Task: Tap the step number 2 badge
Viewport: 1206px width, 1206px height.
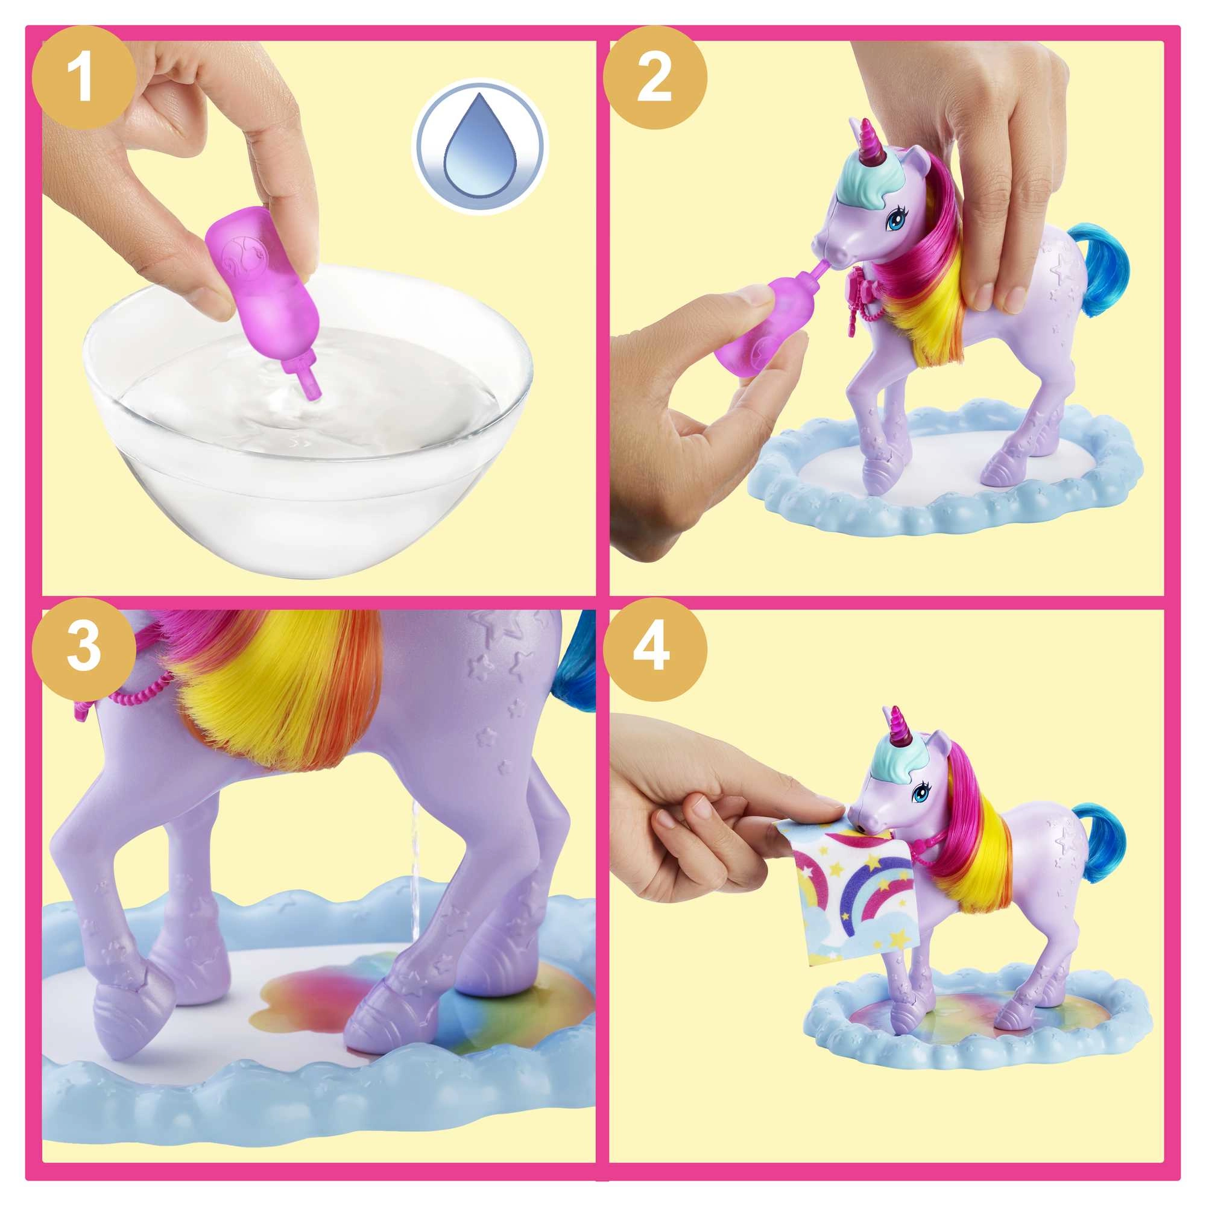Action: [654, 78]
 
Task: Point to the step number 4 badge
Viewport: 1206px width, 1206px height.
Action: [654, 646]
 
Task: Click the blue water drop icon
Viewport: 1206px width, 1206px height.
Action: [480, 147]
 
